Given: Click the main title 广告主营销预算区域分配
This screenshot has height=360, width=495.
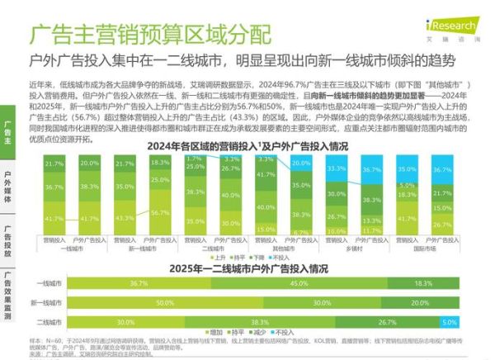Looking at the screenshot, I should [x=149, y=35].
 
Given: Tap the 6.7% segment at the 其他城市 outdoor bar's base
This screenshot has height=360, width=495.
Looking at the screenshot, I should [x=300, y=232].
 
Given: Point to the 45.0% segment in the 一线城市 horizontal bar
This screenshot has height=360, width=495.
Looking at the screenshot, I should [x=296, y=283].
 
